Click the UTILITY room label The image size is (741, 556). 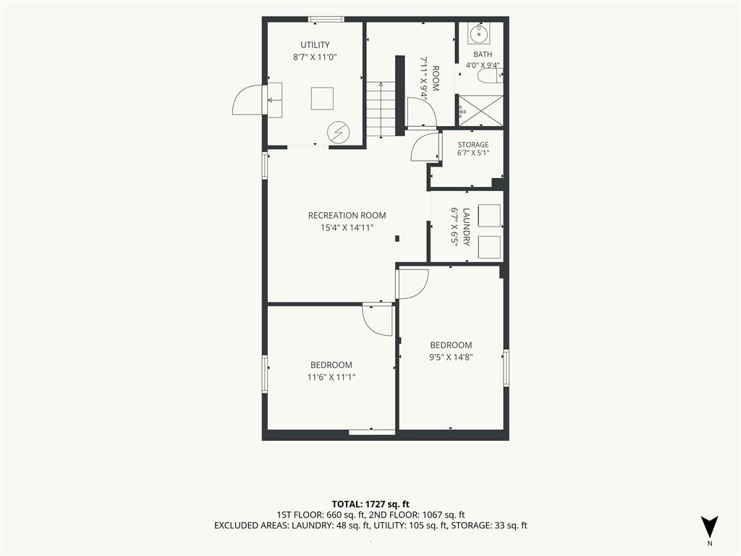click(x=315, y=45)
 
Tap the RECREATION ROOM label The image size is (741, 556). click(x=347, y=216)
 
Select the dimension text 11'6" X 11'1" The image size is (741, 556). click(x=331, y=377)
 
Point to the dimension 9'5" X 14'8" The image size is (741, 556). click(x=451, y=358)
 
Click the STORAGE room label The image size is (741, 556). click(x=473, y=145)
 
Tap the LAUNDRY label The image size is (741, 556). click(x=467, y=227)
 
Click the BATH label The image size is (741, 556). click(x=483, y=54)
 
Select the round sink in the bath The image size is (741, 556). click(x=479, y=33)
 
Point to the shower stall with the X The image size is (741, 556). click(x=481, y=111)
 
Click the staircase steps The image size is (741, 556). click(x=381, y=109)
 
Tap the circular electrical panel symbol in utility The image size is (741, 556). click(x=339, y=132)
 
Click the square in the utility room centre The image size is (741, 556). click(x=322, y=98)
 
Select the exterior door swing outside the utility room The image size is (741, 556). click(x=247, y=99)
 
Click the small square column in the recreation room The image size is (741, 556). click(x=397, y=239)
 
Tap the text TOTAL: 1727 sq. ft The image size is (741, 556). click(x=370, y=504)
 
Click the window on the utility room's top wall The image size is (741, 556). click(x=326, y=20)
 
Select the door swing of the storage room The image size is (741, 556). click(x=425, y=147)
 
